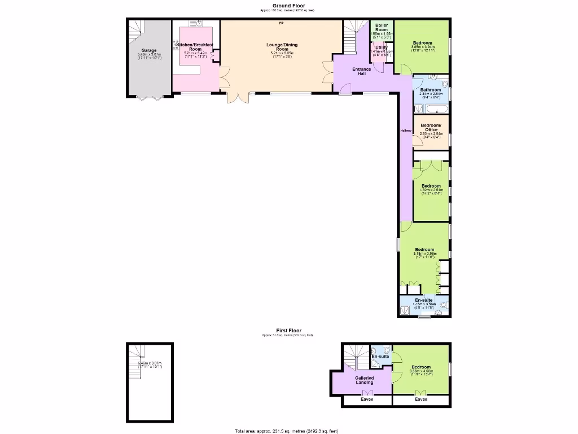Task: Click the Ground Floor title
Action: [x=288, y=6]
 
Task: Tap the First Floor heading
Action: [x=288, y=331]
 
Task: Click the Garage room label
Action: [x=149, y=50]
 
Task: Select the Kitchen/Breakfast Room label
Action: [x=196, y=47]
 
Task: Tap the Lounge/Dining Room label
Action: [x=282, y=47]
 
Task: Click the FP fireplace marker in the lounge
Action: [x=281, y=24]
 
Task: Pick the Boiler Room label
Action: [x=382, y=27]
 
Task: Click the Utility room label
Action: [x=382, y=47]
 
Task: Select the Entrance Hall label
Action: [x=362, y=71]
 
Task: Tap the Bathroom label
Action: [x=430, y=89]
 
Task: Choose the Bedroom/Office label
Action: [x=431, y=127]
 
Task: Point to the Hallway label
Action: [x=406, y=131]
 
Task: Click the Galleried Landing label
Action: [x=364, y=380]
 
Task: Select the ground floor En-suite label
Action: [x=424, y=300]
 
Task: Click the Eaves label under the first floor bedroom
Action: [x=421, y=399]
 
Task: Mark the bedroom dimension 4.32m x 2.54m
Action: [x=431, y=190]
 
